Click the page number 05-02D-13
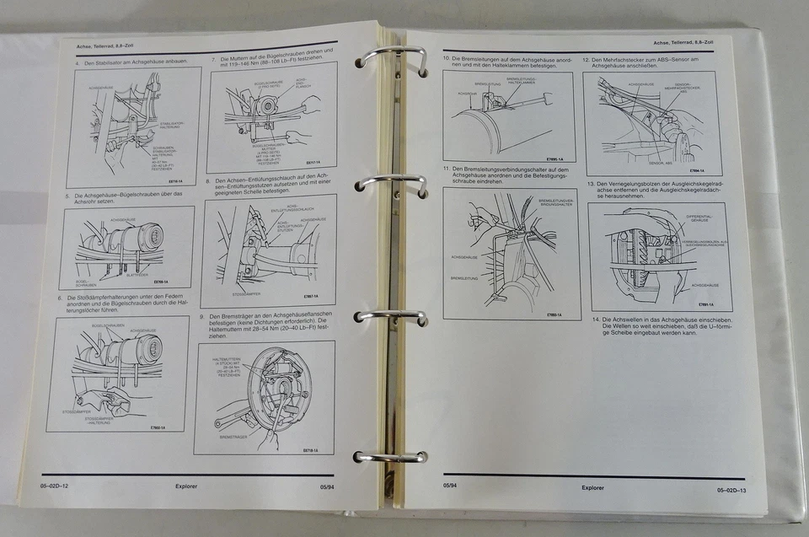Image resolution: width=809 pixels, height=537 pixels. (731, 489)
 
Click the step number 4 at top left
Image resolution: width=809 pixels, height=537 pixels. (77, 63)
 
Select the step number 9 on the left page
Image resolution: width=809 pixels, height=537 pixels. (202, 317)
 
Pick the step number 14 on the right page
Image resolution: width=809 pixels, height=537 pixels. (593, 320)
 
